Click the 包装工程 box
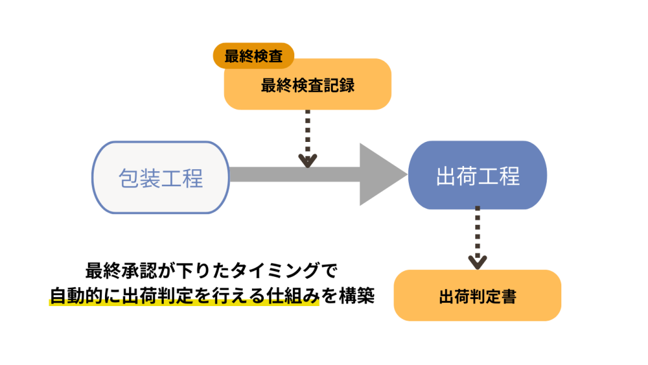pos(161,177)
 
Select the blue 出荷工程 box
pos(478,176)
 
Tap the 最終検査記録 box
pos(308,86)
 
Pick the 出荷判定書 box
pos(477,296)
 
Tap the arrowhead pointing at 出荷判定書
pos(478,261)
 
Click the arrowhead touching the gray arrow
pos(308,160)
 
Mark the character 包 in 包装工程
pos(129,177)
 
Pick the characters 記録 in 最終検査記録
pos(342,86)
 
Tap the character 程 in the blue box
pos(509,176)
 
